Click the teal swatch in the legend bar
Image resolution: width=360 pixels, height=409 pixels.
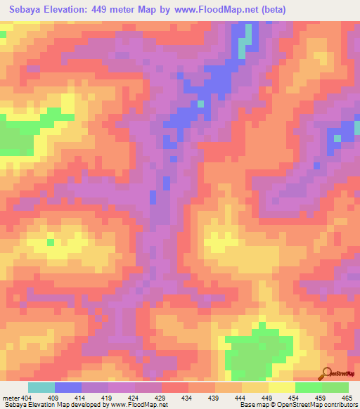click(41, 387)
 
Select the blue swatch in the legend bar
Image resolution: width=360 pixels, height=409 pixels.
click(68, 387)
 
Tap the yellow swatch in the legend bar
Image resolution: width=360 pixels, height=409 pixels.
click(282, 387)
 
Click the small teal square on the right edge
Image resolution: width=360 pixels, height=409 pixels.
click(337, 138)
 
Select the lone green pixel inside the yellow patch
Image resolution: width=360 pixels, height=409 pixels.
click(51, 242)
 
